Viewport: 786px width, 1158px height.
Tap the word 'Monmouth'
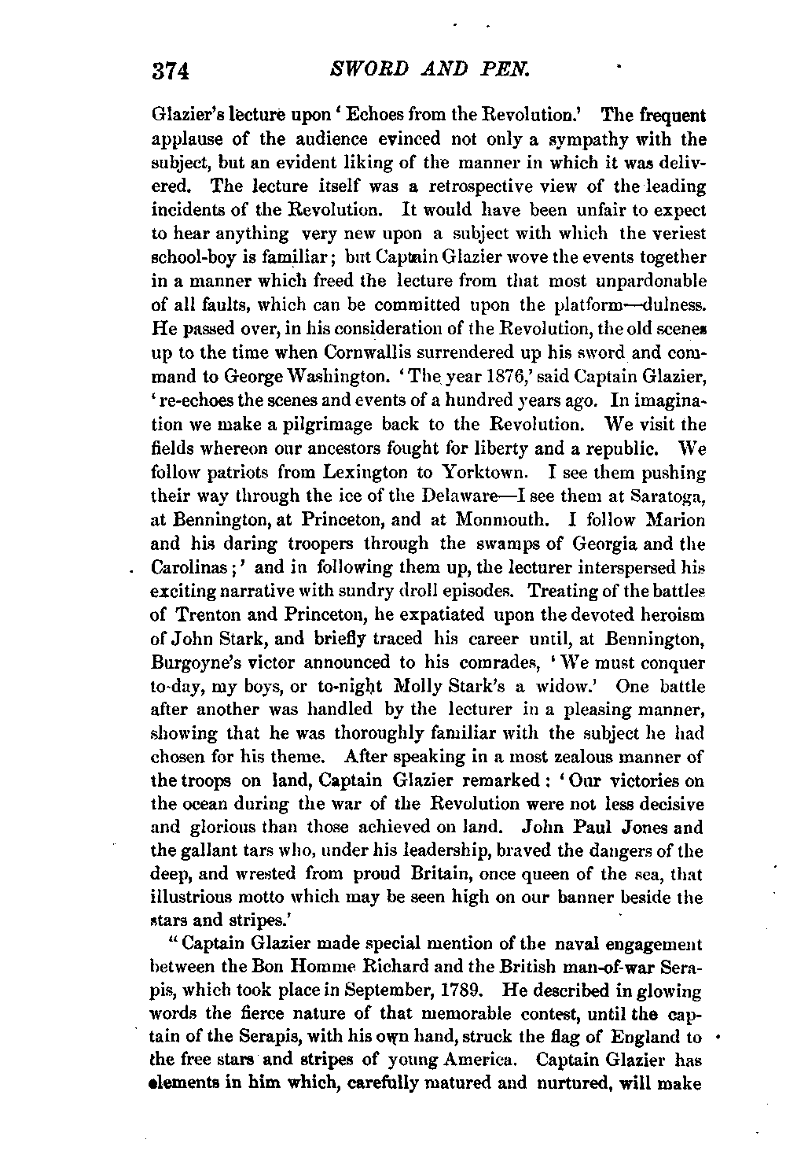480,521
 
